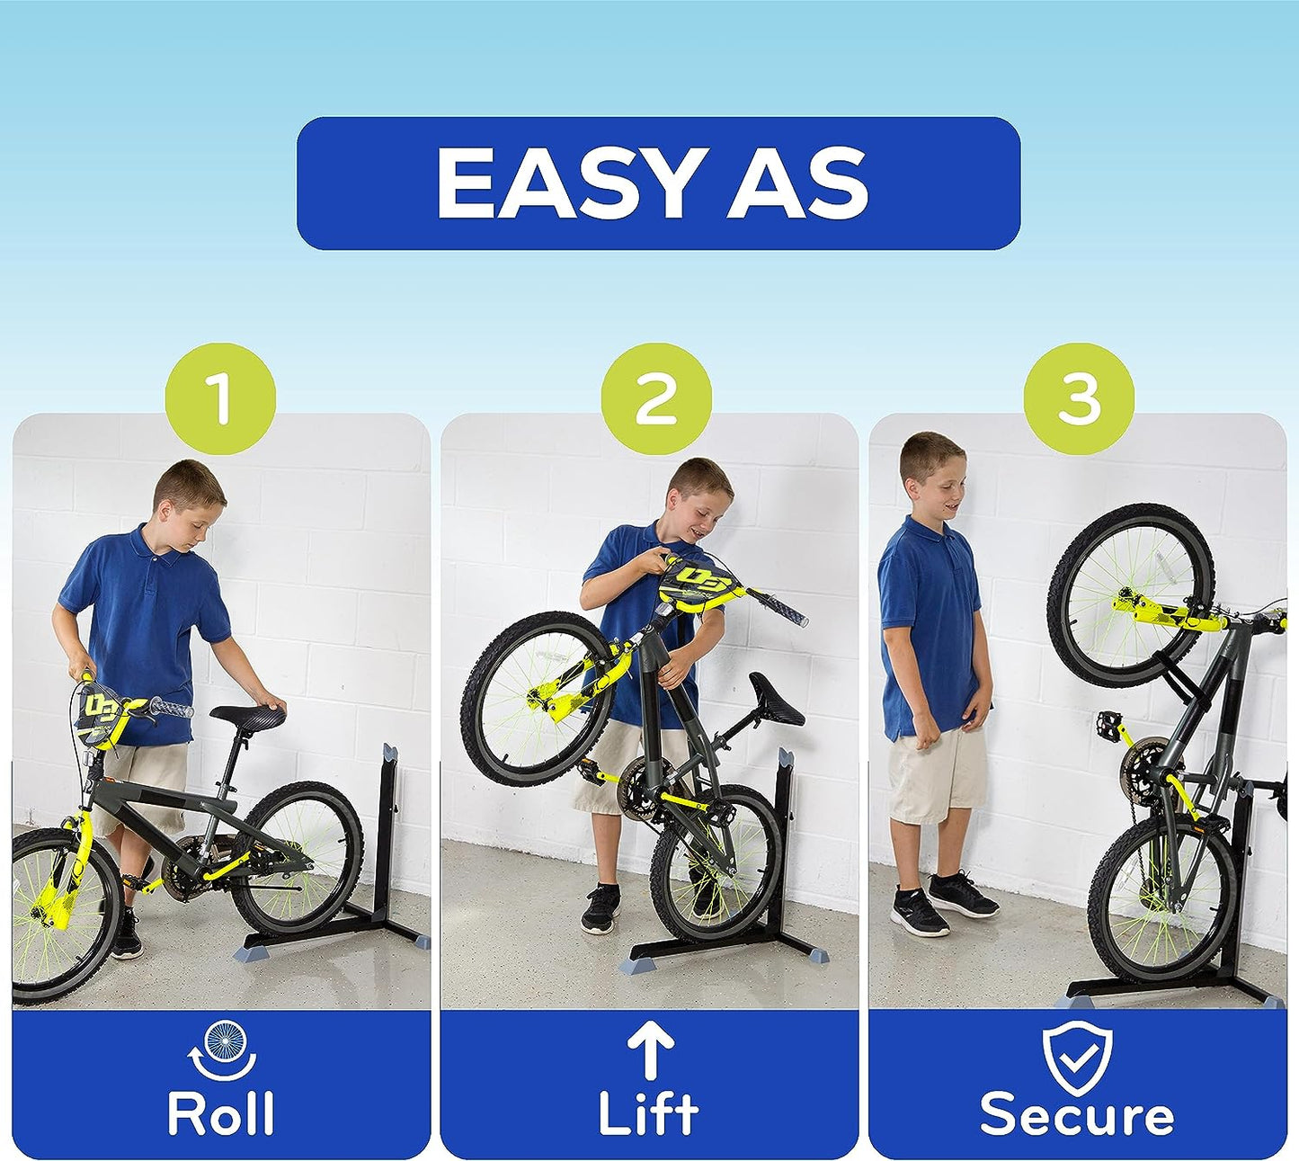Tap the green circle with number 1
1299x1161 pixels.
click(220, 399)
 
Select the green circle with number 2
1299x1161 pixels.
click(656, 399)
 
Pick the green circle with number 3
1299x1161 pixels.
click(1079, 399)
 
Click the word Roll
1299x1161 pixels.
click(220, 1113)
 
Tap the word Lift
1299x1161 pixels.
click(648, 1113)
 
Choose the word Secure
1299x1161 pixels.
click(1077, 1115)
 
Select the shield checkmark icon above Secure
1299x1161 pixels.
click(1077, 1052)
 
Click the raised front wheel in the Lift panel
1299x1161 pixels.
click(538, 699)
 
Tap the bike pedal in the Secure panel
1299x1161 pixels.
click(1110, 721)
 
